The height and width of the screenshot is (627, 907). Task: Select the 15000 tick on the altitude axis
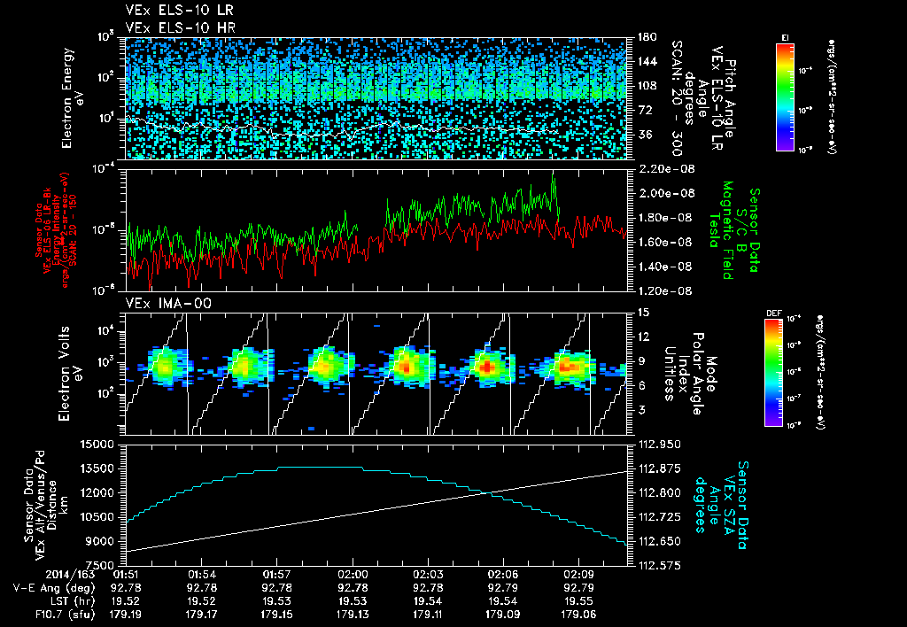[x=101, y=444]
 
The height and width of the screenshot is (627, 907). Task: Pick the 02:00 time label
[x=353, y=574]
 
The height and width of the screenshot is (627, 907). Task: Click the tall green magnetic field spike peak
[x=554, y=177]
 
